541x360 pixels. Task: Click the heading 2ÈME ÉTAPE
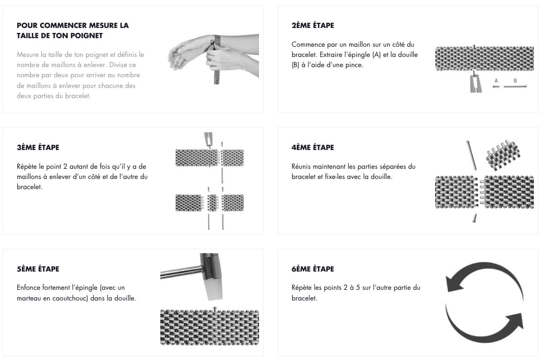(x=312, y=25)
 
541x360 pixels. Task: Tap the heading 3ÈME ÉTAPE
(x=38, y=147)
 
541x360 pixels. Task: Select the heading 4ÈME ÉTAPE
(x=312, y=147)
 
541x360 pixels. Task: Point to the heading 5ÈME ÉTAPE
(x=38, y=268)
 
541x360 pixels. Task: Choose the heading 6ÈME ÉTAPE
(x=312, y=268)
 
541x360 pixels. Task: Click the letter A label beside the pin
(x=496, y=81)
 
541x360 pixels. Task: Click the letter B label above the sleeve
(x=515, y=81)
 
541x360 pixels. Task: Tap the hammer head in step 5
(x=211, y=276)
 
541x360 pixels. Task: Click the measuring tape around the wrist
(x=216, y=61)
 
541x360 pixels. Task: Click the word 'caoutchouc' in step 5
(x=70, y=298)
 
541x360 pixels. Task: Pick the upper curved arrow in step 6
(x=483, y=273)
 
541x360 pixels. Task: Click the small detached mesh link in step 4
(x=503, y=156)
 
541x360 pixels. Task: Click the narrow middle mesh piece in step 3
(x=212, y=203)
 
